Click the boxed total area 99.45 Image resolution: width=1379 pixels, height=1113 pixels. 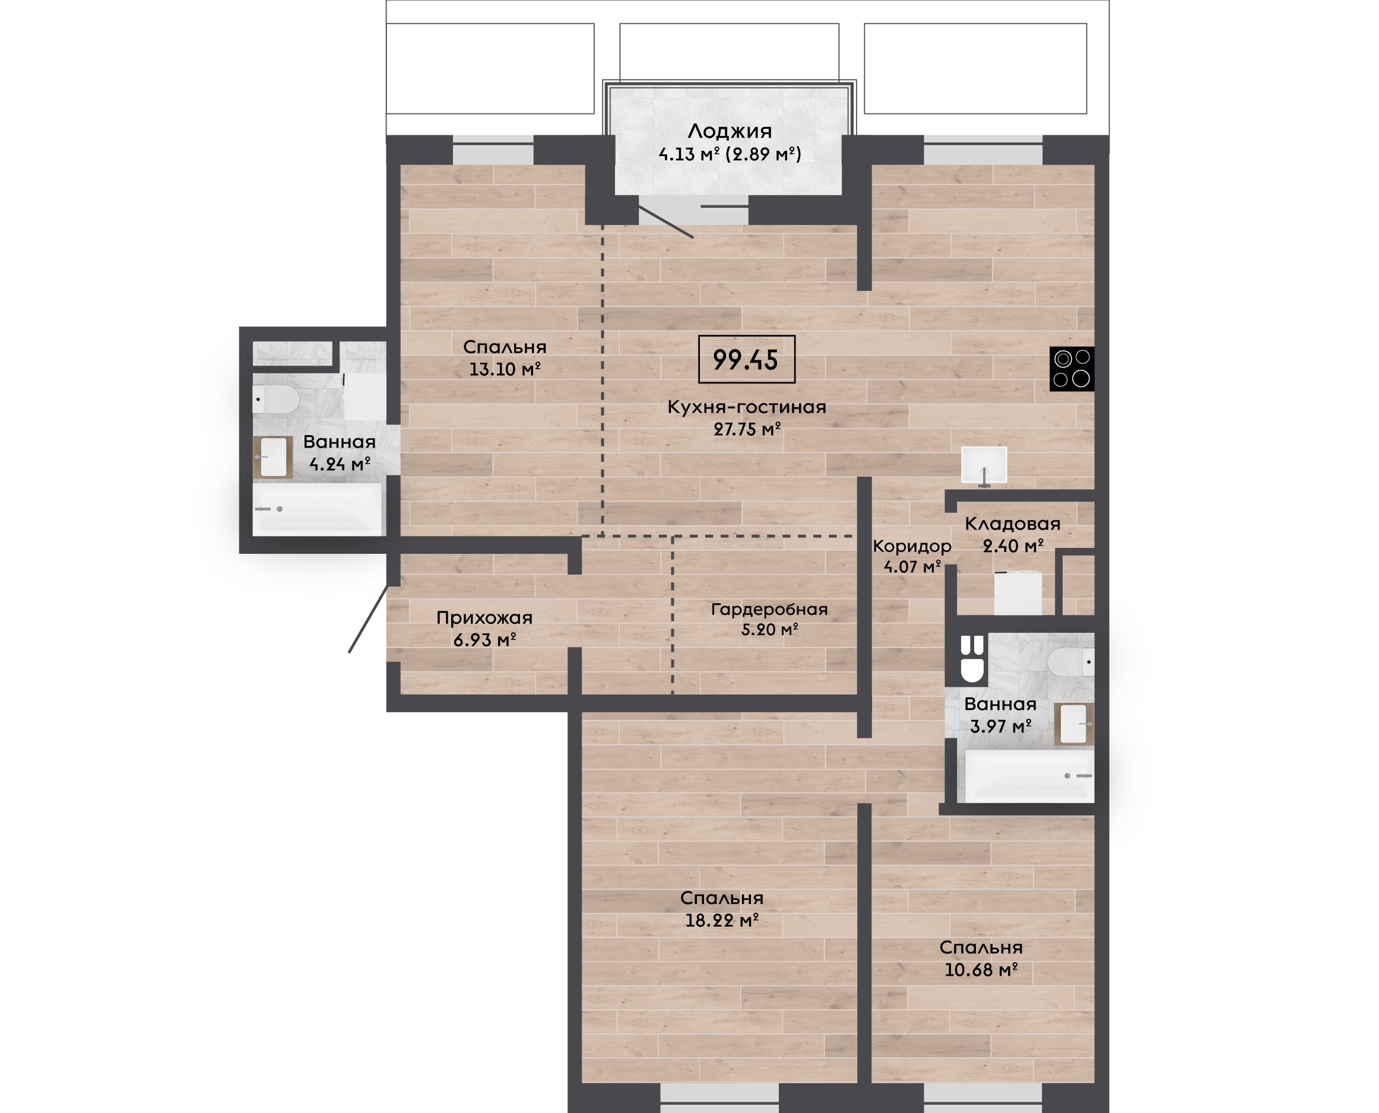746,359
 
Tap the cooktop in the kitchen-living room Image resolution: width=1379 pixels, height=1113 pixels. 1072,369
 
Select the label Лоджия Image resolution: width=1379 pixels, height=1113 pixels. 730,131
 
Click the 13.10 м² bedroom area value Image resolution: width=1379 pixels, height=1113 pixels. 505,369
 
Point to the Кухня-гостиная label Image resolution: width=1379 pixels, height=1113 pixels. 747,407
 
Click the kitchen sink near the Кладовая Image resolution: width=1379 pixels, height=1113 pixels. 984,465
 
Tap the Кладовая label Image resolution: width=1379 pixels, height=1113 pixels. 1013,524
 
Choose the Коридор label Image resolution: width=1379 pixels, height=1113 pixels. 912,546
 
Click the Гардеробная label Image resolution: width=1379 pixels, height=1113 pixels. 769,609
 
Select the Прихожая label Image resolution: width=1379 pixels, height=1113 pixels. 484,617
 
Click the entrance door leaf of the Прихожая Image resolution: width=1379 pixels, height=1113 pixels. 369,619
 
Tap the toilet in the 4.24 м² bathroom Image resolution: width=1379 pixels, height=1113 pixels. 275,399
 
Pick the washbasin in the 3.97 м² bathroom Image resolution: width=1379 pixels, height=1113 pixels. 1074,724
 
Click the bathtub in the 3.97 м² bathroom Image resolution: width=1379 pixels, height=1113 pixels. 1029,776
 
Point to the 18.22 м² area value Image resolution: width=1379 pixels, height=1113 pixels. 722,921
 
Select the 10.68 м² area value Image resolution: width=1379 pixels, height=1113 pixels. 981,970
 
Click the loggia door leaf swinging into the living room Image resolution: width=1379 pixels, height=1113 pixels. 665,222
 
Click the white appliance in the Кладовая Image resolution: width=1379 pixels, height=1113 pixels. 1017,593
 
